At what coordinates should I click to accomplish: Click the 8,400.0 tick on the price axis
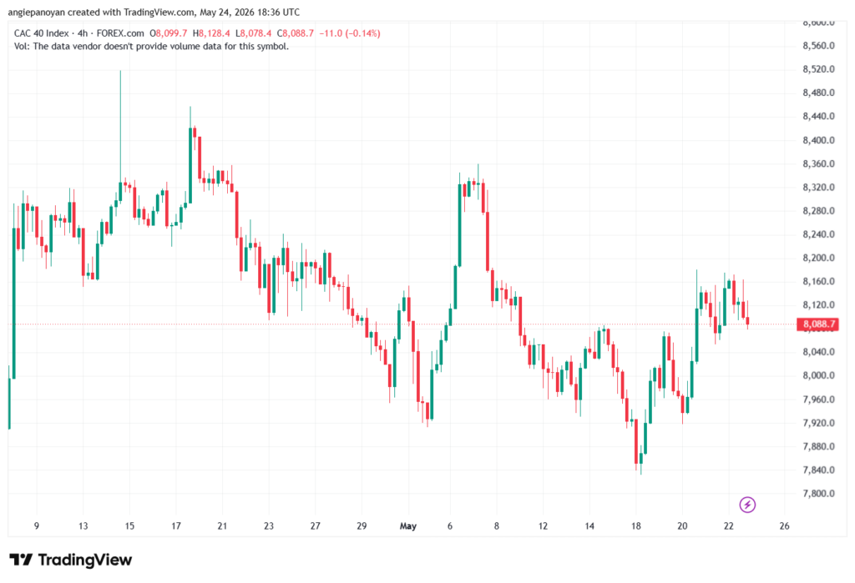(818, 140)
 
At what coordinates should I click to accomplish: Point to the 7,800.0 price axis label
(818, 494)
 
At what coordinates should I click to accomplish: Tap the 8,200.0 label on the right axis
(818, 258)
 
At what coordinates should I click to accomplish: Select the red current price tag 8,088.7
(818, 324)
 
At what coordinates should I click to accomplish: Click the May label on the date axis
(407, 526)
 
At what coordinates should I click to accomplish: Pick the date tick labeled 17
(175, 526)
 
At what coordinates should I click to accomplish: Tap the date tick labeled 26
(784, 526)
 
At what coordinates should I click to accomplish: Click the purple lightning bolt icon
(747, 505)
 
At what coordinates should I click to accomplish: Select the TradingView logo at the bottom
(70, 560)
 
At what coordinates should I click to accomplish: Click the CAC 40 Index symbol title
(42, 33)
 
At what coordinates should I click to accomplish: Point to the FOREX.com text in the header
(120, 33)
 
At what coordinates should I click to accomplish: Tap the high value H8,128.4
(211, 33)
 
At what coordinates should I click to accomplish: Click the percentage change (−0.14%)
(362, 33)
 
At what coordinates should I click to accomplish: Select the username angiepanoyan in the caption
(37, 12)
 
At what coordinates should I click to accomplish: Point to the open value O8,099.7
(169, 33)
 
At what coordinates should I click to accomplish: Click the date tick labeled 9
(37, 526)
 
